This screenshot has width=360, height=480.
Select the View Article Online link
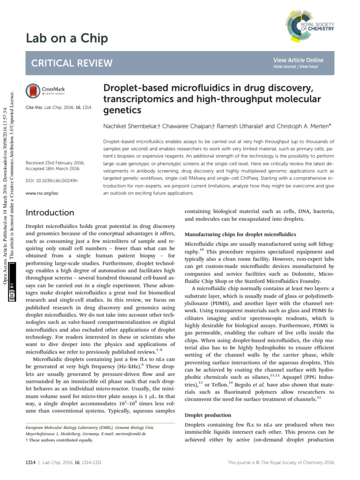pyautogui.click(x=298, y=60)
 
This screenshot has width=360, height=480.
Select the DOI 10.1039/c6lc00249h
pyautogui.click(x=52, y=180)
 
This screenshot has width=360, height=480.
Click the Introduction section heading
pyautogui.click(x=50, y=213)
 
